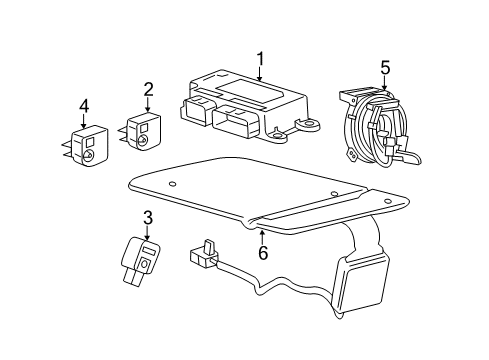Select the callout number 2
coord(147,90)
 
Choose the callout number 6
coord(262,255)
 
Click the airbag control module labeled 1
coord(240,105)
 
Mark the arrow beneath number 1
coord(258,74)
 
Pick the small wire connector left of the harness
coord(205,253)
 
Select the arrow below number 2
coord(147,105)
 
